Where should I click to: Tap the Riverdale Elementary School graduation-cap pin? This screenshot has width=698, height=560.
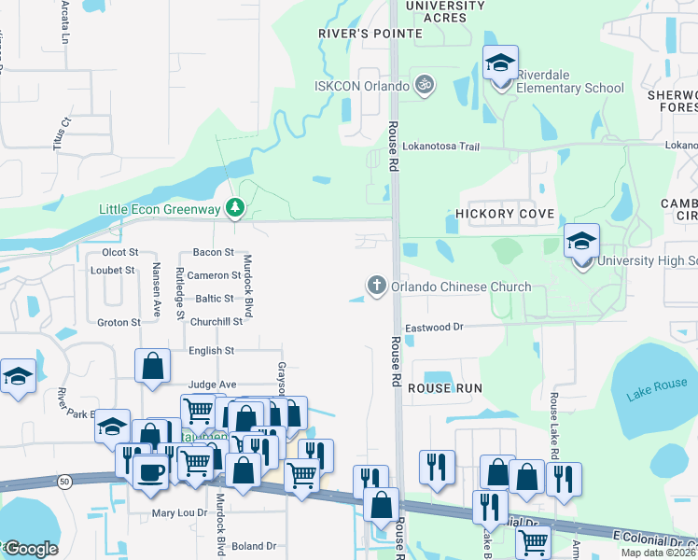coord(500,65)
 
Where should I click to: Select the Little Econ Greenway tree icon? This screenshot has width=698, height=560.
coord(237,207)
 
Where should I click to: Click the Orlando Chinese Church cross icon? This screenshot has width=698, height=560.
coord(377,286)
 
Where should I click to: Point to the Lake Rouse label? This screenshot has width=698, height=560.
coord(657,388)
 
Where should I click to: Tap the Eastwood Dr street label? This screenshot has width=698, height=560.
coord(434,328)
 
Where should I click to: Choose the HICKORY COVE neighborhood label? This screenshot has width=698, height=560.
coord(505,214)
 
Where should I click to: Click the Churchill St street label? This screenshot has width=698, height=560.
coord(216,321)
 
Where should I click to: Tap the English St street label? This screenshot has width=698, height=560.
coord(211,351)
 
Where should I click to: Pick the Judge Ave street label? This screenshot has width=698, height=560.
coord(212,384)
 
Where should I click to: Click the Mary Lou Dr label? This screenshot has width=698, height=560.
coord(178,513)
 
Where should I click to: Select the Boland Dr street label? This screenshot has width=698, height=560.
coord(255,546)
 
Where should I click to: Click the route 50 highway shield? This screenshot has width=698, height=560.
coord(63,481)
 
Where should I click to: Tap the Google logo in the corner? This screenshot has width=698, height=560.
coord(31,549)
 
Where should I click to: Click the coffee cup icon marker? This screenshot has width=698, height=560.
coord(150,472)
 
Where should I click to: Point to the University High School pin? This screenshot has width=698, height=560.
coord(581,245)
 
